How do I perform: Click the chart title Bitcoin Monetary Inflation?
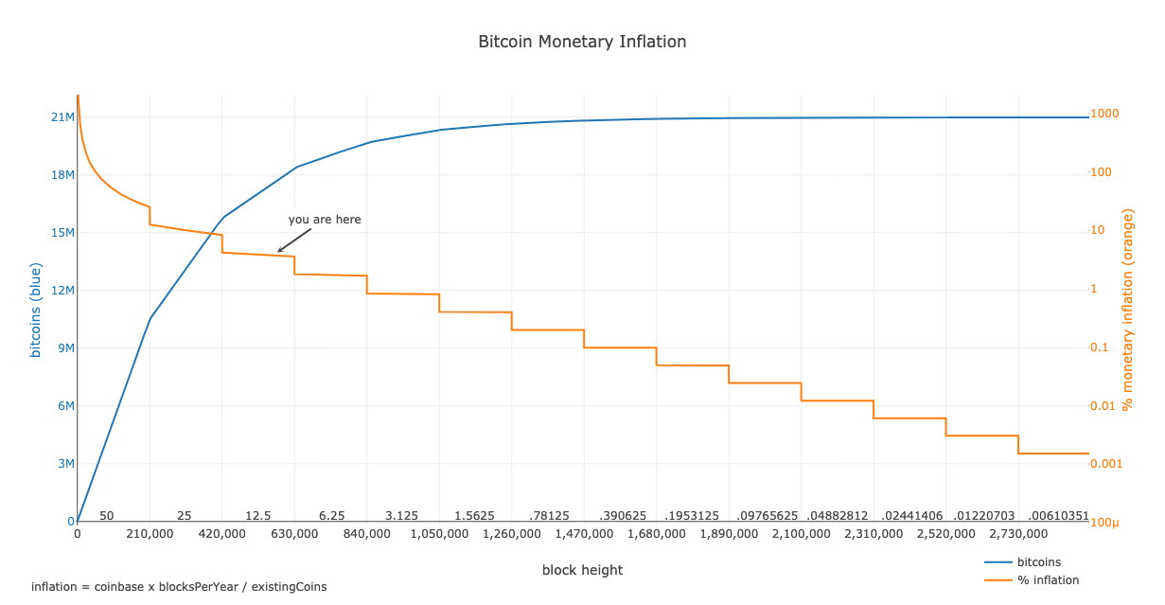coord(582,42)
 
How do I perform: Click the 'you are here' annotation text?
coord(325,220)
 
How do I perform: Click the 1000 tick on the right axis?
coord(1104,114)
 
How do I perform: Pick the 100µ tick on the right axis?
coord(1104,523)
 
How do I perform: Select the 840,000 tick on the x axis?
coord(367,535)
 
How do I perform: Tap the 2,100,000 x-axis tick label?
coord(801,535)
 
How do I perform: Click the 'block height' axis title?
coord(582,570)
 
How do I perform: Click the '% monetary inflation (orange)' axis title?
coord(1127,310)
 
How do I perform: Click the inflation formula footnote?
coord(179,587)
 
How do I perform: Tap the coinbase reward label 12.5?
coord(258,516)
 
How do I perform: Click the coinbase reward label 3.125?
coord(402,516)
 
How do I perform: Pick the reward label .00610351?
coord(1059,516)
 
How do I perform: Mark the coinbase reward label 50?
coord(107,516)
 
